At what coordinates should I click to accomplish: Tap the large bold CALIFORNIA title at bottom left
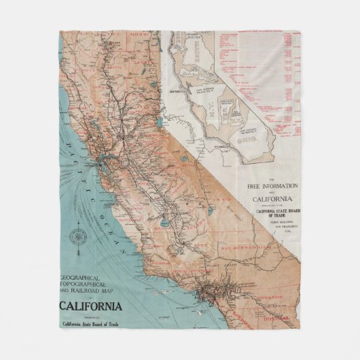[x=91, y=306]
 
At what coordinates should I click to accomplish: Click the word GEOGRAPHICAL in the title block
[x=89, y=277]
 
